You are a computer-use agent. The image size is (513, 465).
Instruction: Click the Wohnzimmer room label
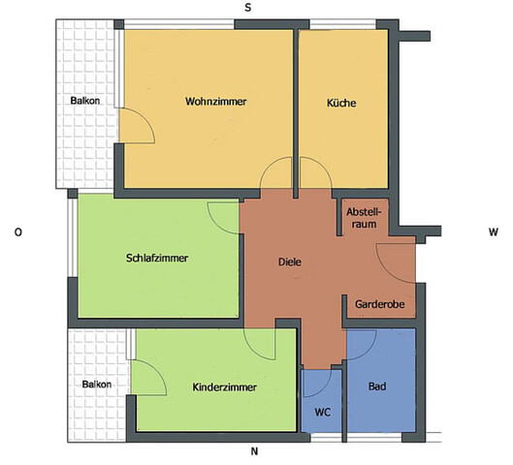pos(215,102)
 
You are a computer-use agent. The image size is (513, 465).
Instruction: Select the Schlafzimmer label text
pos(157,259)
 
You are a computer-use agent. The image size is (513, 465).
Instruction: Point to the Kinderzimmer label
pos(224,387)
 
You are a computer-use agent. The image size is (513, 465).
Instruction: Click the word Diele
pos(290,263)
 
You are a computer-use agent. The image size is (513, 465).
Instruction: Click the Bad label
pos(377,387)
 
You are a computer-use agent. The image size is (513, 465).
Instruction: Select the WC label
pos(323,411)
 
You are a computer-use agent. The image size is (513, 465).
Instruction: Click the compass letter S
pos(248,7)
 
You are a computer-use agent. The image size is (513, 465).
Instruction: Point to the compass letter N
pos(254,452)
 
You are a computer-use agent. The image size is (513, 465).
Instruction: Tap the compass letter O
pos(17,232)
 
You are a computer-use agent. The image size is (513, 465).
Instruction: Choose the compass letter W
pos(493,232)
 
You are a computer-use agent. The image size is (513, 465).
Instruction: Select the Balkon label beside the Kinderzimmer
pos(96,385)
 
